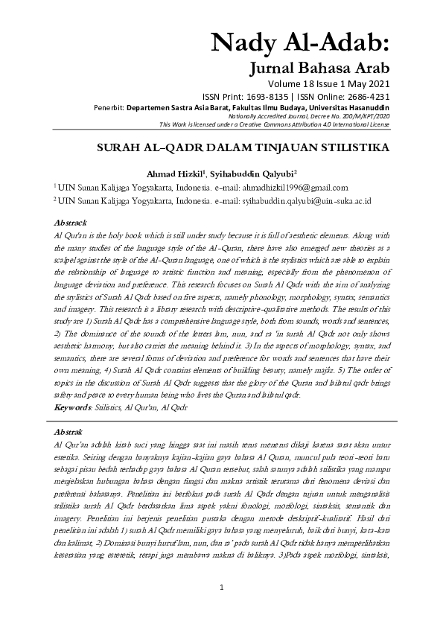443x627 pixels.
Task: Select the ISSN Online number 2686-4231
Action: click(366, 97)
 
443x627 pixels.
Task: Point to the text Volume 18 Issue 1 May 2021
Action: click(327, 84)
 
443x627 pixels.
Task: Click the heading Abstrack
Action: click(71, 223)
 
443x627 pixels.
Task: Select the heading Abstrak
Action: click(69, 431)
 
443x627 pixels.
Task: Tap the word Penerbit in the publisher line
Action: click(109, 107)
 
